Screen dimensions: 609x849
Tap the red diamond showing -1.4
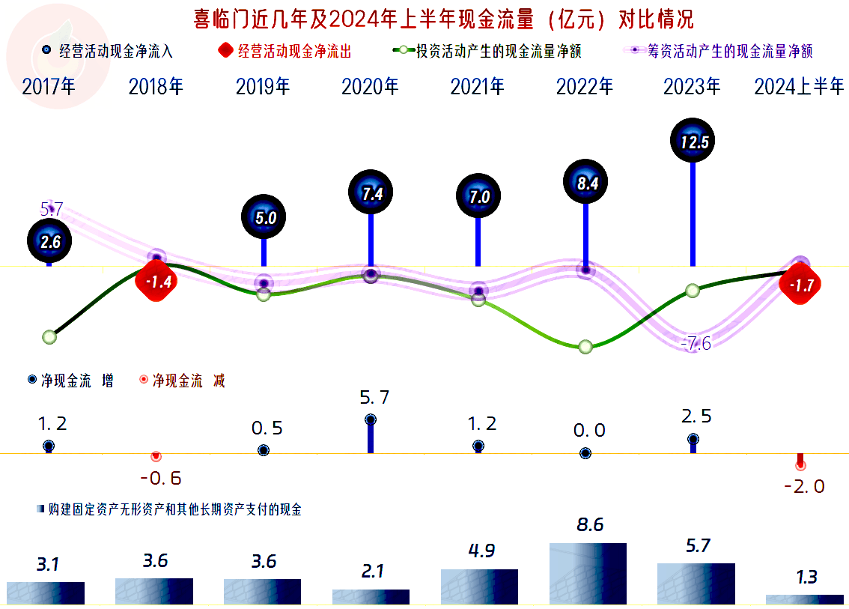[x=157, y=282]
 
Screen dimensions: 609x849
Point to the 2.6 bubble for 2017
[x=49, y=241]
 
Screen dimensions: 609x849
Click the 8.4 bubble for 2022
[x=585, y=182]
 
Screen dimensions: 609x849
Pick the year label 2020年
[x=371, y=87]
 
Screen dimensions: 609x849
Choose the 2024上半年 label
[x=800, y=87]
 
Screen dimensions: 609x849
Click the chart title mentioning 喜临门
[x=424, y=18]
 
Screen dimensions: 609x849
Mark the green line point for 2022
[x=585, y=346]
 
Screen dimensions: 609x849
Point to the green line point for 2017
[x=49, y=337]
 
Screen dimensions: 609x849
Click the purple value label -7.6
[x=696, y=344]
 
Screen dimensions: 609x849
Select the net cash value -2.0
[x=803, y=486]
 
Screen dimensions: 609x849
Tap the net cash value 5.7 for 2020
[x=374, y=397]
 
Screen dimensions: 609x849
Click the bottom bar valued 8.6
[x=588, y=573]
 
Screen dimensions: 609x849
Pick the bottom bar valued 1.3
[x=804, y=599]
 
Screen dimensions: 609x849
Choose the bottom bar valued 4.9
[x=479, y=587]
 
